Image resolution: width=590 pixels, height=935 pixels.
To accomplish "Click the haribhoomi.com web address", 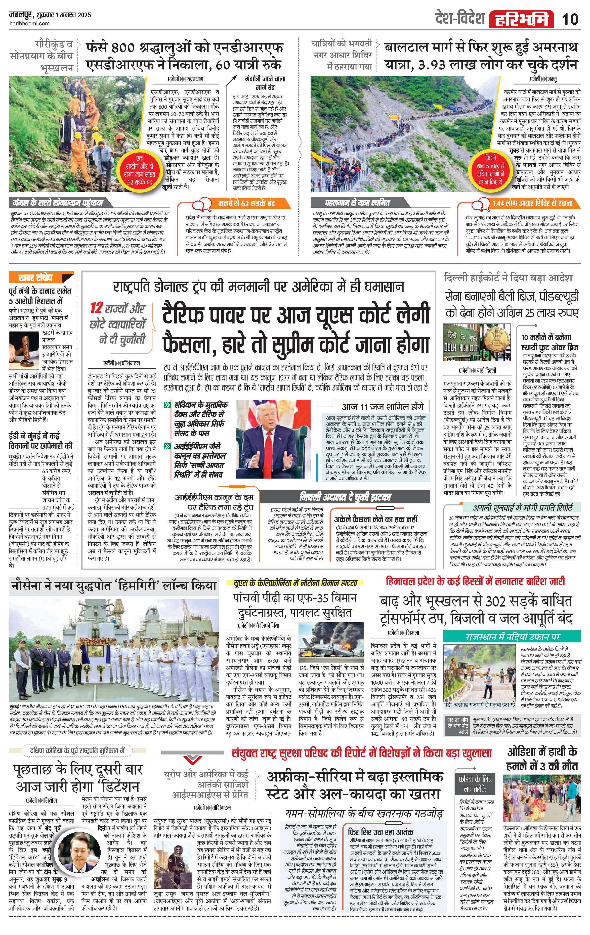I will (29, 23).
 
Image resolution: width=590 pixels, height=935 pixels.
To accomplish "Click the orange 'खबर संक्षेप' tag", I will (35, 278).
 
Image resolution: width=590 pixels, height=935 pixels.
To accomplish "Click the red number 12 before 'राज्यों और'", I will (96, 308).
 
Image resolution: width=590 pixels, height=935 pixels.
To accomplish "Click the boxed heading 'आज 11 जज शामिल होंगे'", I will (382, 406).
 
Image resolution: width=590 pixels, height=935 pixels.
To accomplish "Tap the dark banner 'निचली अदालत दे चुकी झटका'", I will (345, 497).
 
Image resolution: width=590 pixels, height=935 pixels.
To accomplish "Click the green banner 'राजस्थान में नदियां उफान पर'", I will (512, 637).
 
